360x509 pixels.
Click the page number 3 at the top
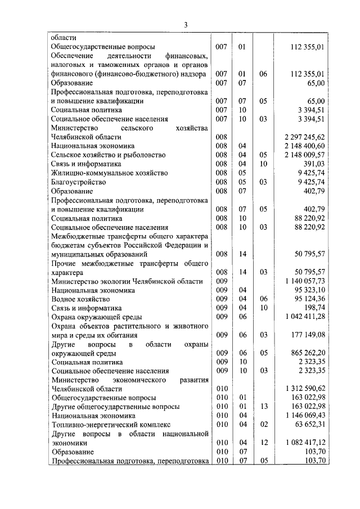186,24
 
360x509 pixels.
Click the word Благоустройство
78,182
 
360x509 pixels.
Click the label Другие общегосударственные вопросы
115,407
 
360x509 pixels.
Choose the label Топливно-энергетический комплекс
110,425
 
